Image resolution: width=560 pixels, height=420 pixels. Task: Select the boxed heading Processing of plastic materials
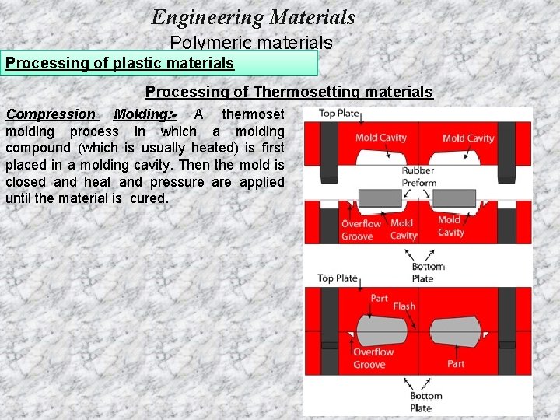coord(120,63)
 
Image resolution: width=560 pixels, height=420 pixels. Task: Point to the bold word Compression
coord(51,114)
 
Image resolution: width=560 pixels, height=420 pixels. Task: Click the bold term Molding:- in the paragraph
coord(145,114)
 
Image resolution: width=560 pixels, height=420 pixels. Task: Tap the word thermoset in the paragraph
coord(253,114)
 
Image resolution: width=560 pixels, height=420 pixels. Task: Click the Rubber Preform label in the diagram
coord(418,177)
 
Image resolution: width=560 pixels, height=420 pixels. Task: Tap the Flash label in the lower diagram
coord(404,306)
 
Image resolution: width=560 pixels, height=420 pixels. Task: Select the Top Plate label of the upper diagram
coord(338,114)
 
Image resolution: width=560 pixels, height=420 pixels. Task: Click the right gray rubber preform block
coord(454,197)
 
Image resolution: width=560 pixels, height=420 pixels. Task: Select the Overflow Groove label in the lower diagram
coord(373,358)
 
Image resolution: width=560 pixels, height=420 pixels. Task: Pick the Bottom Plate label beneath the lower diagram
coord(425,401)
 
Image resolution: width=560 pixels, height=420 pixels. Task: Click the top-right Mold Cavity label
coord(467,138)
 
